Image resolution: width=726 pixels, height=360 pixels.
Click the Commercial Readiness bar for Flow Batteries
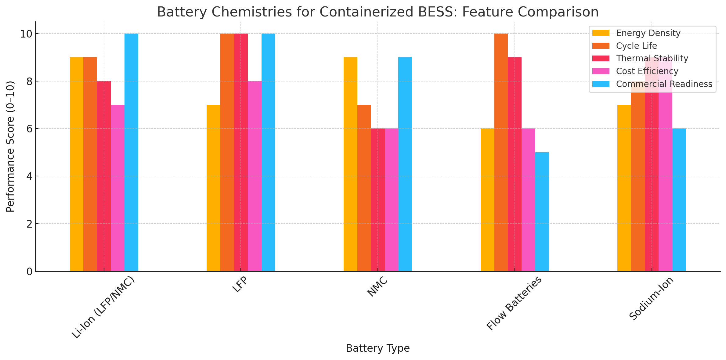point(542,212)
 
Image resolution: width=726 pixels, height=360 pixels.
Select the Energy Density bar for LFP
point(213,188)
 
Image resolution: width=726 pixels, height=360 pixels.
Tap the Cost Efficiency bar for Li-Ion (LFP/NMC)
point(117,188)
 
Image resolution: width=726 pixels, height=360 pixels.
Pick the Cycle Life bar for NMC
point(364,188)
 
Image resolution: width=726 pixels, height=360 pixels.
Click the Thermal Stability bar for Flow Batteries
point(515,164)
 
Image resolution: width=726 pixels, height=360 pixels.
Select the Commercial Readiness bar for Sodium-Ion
point(679,200)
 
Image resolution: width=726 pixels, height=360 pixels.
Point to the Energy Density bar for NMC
point(350,164)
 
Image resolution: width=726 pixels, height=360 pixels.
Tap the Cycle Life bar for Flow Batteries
point(501,152)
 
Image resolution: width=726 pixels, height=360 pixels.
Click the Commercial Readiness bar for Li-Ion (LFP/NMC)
point(131,152)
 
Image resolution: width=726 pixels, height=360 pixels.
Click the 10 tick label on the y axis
point(26,34)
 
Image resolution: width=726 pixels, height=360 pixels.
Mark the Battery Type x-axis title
point(377,348)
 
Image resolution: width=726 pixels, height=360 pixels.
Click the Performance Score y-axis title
point(10,146)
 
